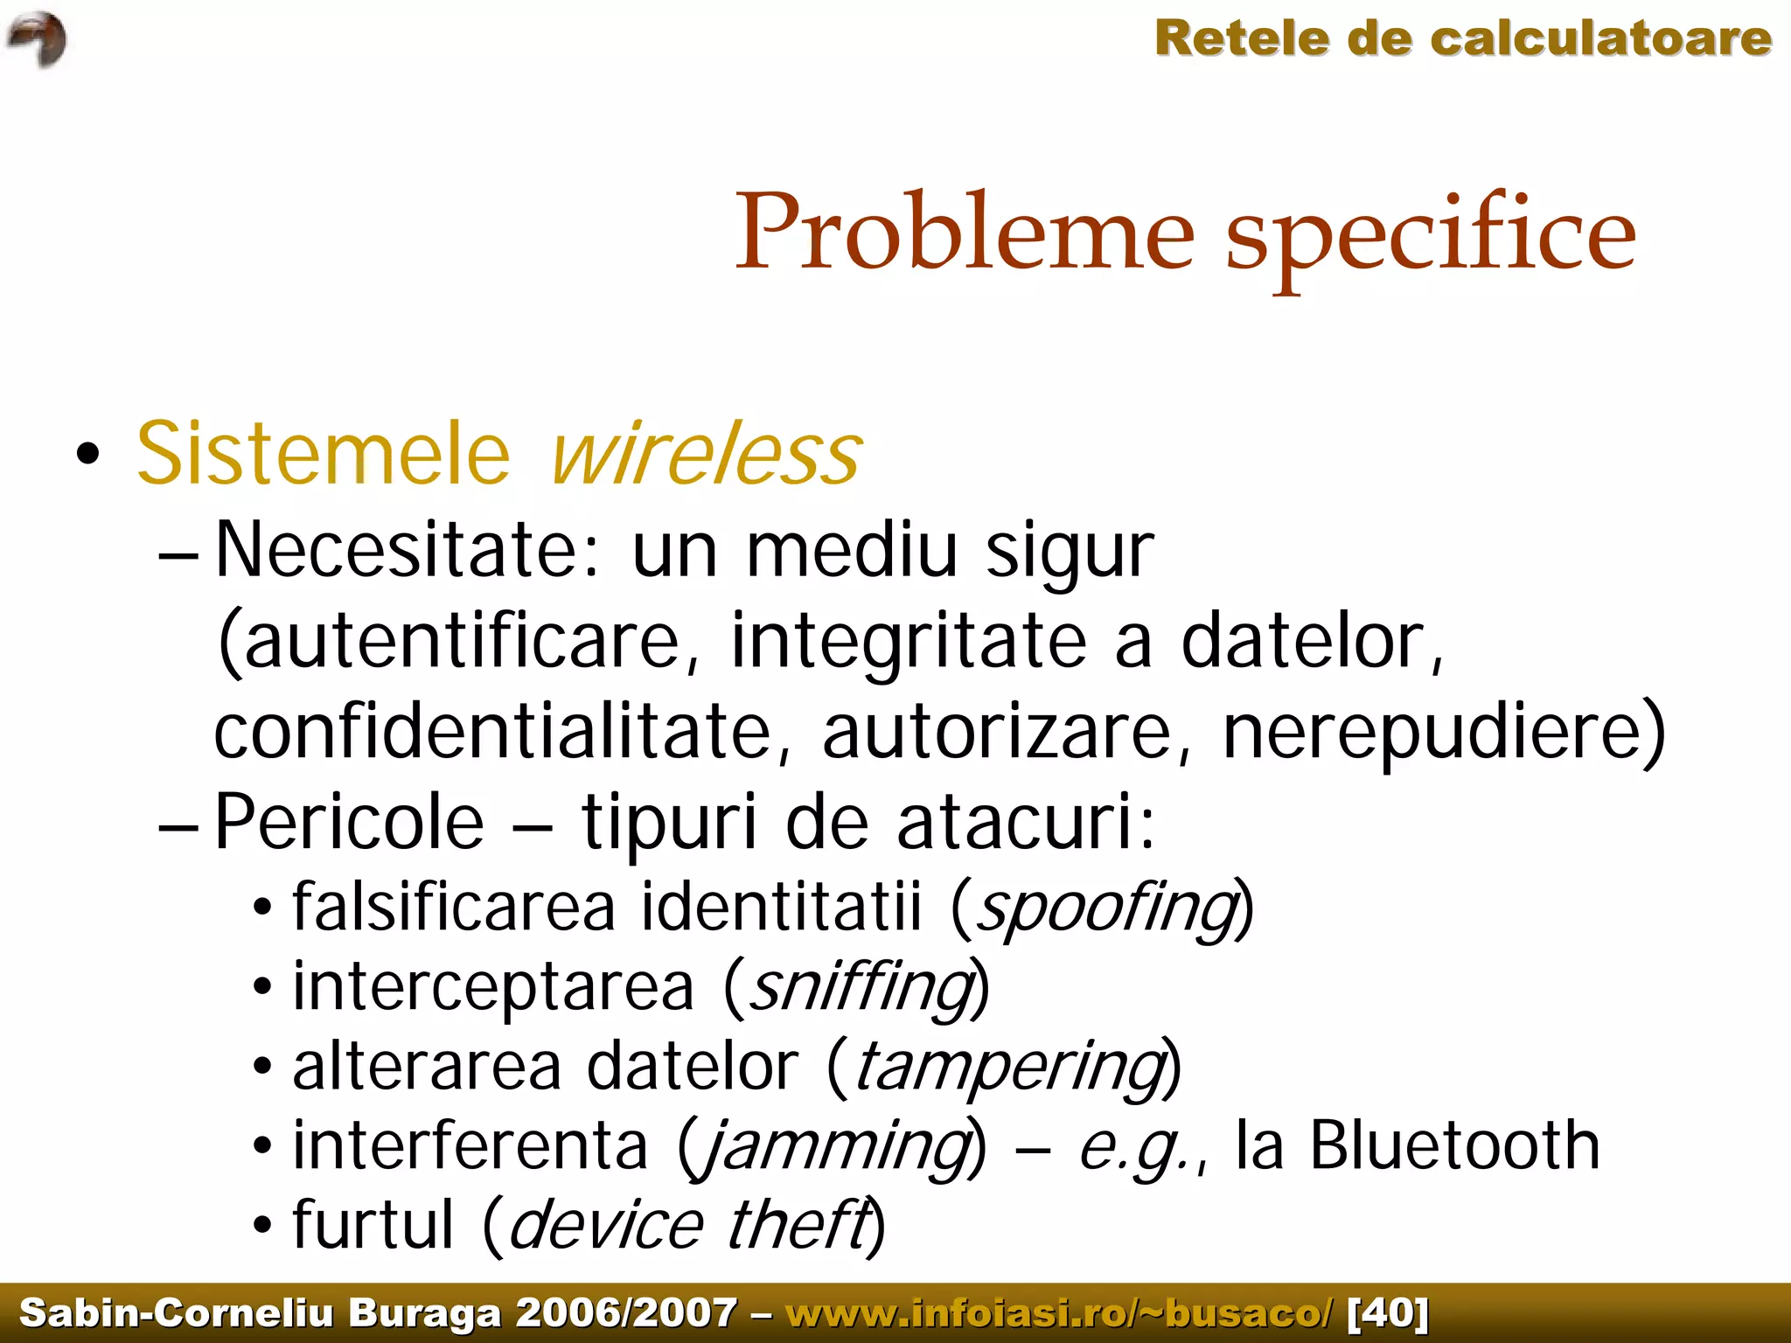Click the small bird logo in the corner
[37, 39]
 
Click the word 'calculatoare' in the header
[1601, 39]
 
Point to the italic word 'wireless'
[707, 454]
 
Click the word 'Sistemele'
[324, 454]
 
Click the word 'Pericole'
[349, 823]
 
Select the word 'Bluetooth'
[1454, 1145]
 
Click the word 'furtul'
[373, 1225]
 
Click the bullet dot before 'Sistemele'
[87, 455]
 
